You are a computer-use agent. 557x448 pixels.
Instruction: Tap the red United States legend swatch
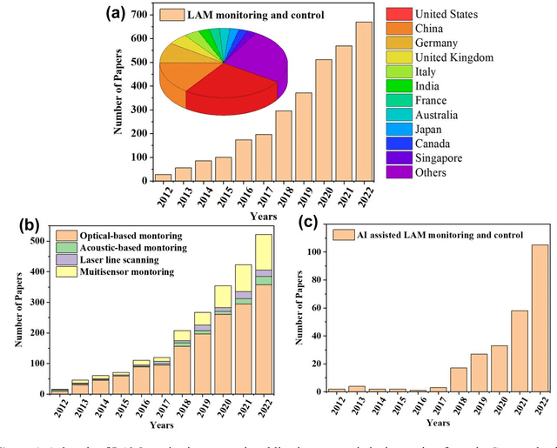click(399, 15)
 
